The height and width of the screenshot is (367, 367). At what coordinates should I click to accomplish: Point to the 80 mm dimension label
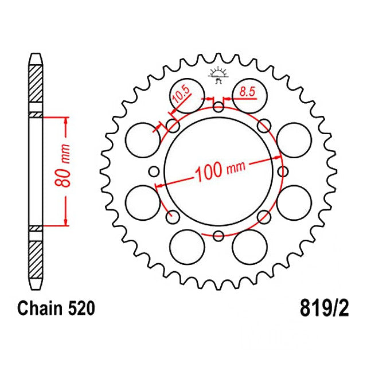click(65, 170)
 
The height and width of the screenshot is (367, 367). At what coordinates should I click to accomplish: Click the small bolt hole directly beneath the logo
click(218, 106)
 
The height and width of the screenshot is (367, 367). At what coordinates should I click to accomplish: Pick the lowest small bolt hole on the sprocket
click(218, 235)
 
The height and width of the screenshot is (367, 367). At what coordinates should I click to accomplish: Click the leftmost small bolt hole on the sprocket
click(154, 170)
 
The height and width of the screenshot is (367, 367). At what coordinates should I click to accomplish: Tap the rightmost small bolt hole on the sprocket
click(283, 170)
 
